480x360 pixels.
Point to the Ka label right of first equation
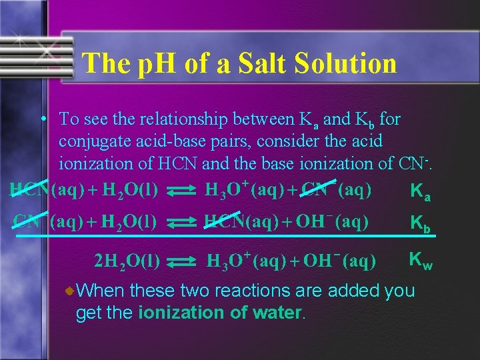point(421,193)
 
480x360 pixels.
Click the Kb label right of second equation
point(421,223)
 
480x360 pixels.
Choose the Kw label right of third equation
point(421,261)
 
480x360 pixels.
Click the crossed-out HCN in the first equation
point(30,191)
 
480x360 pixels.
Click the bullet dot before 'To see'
point(42,120)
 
